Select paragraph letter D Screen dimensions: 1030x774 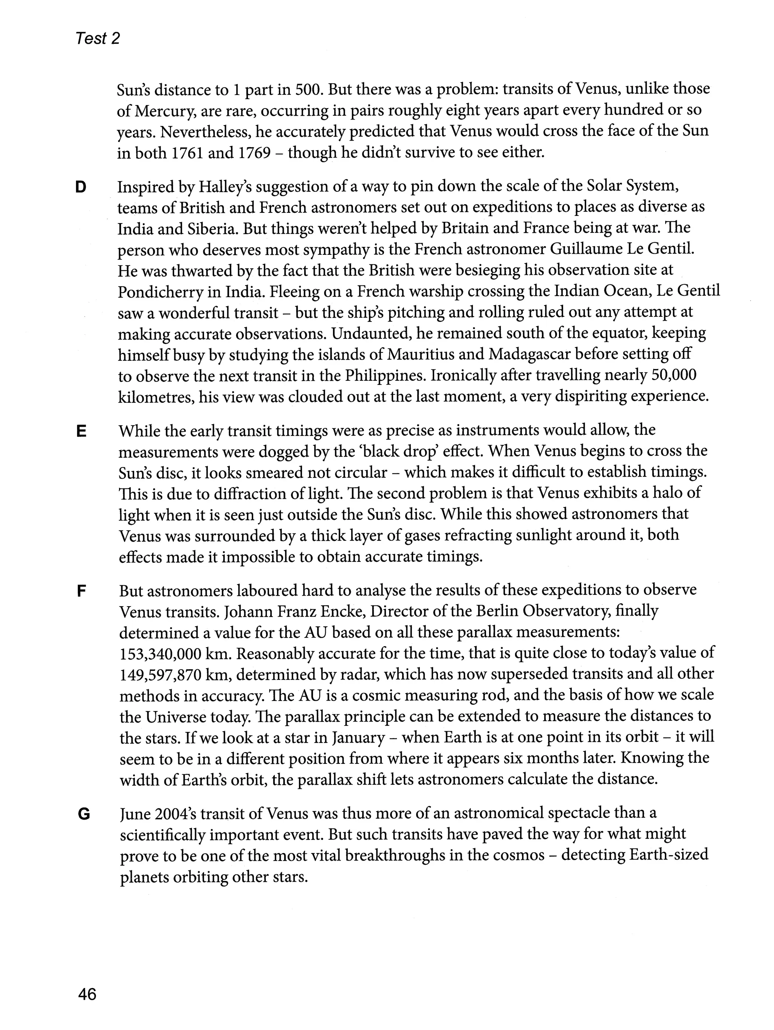80,188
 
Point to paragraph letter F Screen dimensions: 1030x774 82,592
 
